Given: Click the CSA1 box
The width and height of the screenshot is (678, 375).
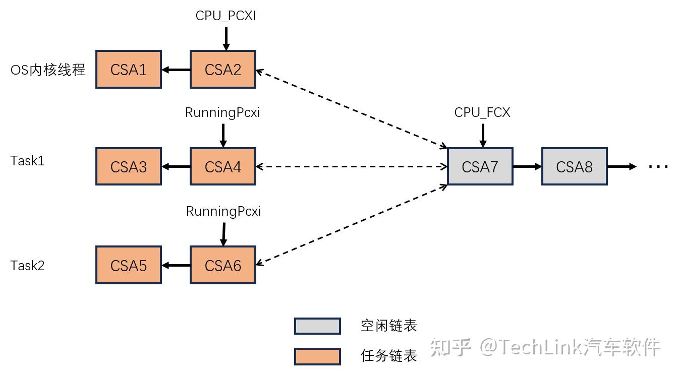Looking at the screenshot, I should tap(129, 70).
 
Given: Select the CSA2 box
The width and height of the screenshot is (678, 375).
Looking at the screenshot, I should tap(223, 70).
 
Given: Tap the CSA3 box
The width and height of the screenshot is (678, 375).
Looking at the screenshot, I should tap(129, 167).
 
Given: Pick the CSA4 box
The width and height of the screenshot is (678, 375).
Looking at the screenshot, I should tap(223, 167).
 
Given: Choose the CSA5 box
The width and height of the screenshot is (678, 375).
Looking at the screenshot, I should tap(129, 265).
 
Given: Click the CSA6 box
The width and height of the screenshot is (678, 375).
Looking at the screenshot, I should tap(223, 265).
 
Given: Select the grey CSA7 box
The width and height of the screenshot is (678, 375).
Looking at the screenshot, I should tap(480, 167).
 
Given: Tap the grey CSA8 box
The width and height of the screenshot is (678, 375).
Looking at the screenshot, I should tap(574, 167).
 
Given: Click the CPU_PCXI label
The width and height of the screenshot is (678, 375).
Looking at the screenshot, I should tap(225, 16).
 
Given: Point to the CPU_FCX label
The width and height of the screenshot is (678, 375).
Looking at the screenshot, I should tap(482, 113).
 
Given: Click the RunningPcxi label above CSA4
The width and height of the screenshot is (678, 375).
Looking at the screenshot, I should tap(222, 113).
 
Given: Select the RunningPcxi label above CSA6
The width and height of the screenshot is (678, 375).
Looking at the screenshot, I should tap(223, 212).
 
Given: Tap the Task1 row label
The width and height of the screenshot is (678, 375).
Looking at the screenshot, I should tap(27, 161).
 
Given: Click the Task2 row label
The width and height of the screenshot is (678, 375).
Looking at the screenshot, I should tap(27, 266).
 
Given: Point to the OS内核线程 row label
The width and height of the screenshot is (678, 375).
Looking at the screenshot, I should tap(48, 70).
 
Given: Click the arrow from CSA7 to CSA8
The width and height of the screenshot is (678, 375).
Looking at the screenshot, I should tap(527, 167).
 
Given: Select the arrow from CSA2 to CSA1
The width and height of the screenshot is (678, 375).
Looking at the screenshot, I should tap(176, 70).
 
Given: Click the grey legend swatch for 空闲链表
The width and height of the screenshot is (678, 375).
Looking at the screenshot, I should tap(317, 326).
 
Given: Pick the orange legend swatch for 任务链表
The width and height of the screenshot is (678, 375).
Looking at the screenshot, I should tap(317, 356).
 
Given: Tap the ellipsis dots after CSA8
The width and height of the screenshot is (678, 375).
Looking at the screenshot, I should tap(658, 167).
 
